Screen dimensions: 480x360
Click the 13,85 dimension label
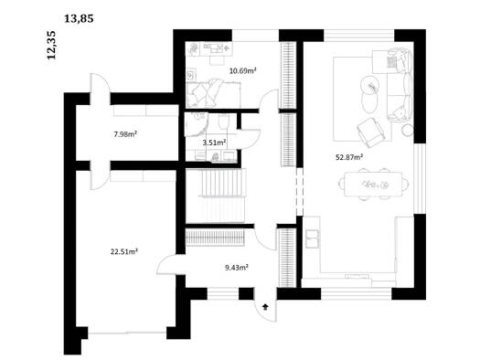coord(79,19)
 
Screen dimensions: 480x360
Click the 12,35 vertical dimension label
coord(51,45)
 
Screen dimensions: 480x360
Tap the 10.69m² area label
coord(243,71)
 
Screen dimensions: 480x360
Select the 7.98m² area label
coord(125,134)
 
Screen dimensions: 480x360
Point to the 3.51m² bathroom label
coord(214,143)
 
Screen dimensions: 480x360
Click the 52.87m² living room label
coord(349,157)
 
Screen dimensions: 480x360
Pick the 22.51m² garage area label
coord(124,251)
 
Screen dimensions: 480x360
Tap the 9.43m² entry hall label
coord(236,268)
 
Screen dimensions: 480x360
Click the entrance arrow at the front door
coord(265,307)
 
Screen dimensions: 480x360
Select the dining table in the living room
coord(373,185)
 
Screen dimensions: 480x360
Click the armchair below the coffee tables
coord(370,132)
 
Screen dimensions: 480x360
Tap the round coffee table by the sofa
coord(369,86)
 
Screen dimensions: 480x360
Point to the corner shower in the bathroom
coord(197,124)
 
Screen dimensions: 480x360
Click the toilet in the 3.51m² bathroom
coord(224,122)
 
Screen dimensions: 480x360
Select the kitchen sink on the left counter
coord(313,238)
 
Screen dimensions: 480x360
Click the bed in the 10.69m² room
coord(213,93)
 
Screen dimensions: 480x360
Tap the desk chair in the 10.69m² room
coord(217,59)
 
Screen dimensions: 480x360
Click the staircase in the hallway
coord(216,196)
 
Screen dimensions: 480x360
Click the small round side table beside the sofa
coord(407,131)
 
